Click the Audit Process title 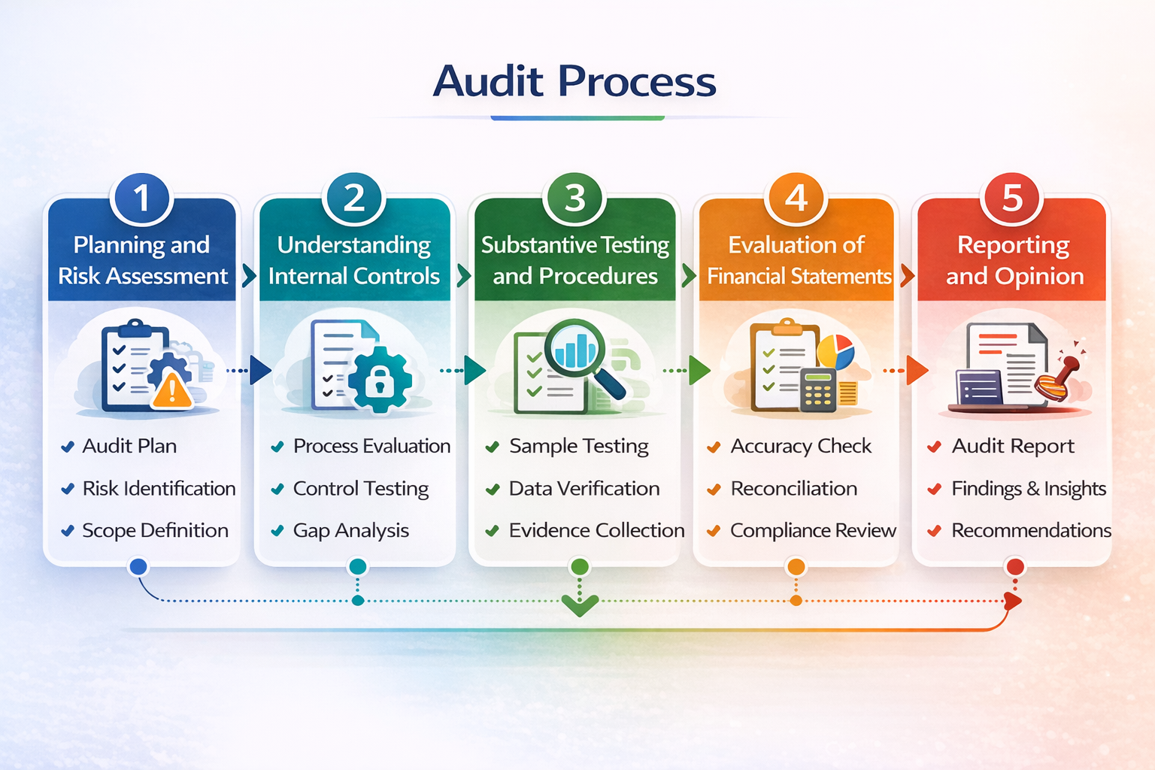(x=575, y=81)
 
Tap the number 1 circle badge (x=141, y=199)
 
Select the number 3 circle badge (x=574, y=199)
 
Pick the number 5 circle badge (x=1012, y=199)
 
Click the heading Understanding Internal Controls (x=354, y=260)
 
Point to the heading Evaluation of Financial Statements (x=798, y=260)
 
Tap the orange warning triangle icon (x=172, y=390)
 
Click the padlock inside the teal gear (x=380, y=381)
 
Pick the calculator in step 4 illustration (x=818, y=389)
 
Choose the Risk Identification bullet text (x=159, y=489)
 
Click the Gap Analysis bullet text (x=350, y=531)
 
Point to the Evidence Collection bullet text (x=596, y=531)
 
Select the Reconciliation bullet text (x=793, y=489)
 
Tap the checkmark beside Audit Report (x=934, y=447)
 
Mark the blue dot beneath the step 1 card (x=138, y=567)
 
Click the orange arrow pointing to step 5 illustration (x=916, y=370)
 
